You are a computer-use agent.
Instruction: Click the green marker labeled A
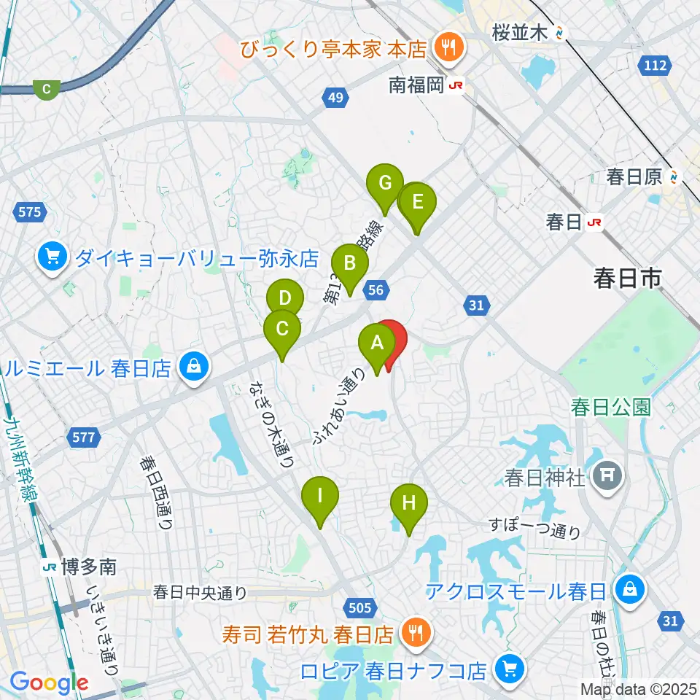(377, 343)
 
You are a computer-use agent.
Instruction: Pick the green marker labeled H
(408, 503)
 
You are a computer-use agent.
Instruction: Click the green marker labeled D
(284, 298)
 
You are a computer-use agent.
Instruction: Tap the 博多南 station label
(79, 566)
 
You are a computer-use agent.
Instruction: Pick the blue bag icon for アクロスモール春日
(630, 590)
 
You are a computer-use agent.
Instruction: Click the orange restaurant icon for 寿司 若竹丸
(416, 631)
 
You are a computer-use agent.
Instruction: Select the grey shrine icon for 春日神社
(607, 478)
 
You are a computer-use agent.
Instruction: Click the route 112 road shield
(656, 66)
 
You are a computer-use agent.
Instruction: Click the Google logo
(49, 682)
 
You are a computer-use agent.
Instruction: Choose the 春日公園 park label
(610, 406)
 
